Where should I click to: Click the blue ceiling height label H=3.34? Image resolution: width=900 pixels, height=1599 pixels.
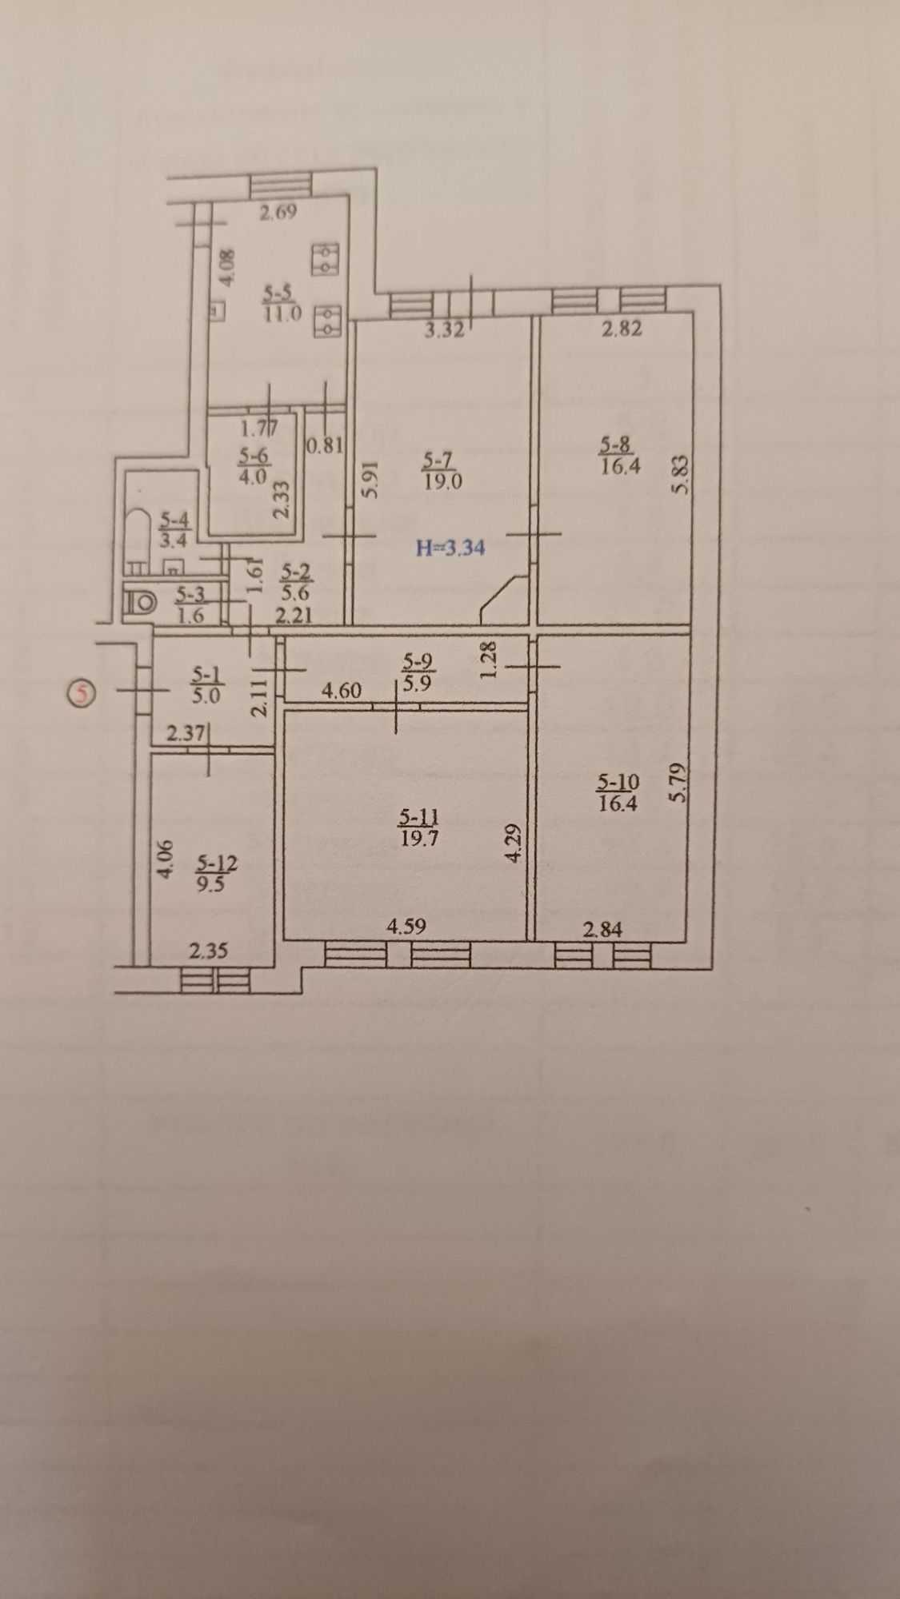450,548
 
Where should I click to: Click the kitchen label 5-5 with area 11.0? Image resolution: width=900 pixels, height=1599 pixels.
282,304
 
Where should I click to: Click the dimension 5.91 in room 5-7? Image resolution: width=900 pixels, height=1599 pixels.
369,479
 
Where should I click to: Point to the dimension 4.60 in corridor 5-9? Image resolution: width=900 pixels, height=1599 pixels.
342,689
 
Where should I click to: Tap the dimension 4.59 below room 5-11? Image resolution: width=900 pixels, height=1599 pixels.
406,926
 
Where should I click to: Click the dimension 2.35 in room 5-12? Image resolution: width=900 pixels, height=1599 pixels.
208,951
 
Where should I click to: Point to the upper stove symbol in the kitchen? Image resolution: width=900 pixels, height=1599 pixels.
326,258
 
